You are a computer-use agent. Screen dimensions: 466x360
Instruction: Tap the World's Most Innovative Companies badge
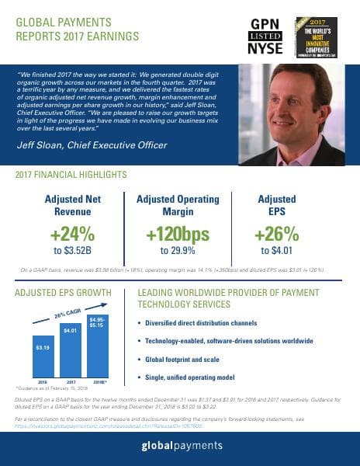(x=319, y=36)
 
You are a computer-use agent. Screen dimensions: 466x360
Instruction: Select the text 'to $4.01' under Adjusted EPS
(x=276, y=251)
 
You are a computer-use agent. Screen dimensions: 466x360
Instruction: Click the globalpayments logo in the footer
(x=180, y=445)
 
